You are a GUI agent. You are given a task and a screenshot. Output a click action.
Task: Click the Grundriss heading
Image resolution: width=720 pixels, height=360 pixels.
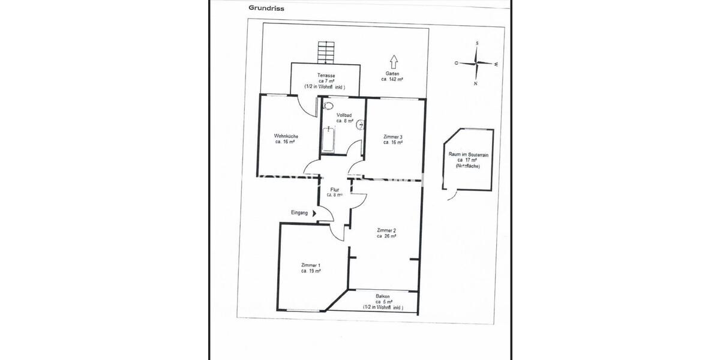(267, 8)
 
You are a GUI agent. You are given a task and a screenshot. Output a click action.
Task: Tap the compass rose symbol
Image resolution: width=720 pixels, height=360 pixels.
(476, 63)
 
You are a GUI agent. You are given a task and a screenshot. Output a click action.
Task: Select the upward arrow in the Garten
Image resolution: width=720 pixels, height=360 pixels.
(394, 62)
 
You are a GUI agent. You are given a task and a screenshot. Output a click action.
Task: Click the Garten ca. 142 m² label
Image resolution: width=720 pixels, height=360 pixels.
(392, 76)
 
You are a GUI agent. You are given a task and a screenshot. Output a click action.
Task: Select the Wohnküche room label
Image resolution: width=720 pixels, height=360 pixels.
(286, 139)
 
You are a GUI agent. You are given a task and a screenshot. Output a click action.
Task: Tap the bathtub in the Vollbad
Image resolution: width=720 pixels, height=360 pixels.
(328, 139)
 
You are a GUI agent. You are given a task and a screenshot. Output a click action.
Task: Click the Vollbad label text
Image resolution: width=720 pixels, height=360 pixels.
(344, 118)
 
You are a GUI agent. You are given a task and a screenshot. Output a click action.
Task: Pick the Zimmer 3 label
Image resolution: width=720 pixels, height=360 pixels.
(392, 140)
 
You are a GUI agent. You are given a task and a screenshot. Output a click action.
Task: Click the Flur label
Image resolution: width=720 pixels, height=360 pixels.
(335, 192)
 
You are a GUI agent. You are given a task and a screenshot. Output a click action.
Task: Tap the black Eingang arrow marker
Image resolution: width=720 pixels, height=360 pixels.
(314, 213)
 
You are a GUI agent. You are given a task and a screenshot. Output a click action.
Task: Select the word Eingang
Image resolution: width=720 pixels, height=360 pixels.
(299, 213)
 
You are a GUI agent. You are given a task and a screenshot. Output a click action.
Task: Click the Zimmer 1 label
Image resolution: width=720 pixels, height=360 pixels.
(311, 268)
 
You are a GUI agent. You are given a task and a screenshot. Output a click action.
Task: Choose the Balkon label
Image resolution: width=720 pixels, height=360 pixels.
(383, 301)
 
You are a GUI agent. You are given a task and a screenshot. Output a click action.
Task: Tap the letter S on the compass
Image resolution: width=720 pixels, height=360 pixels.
(476, 44)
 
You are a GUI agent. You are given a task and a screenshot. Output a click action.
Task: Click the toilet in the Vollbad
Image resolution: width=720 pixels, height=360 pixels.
(328, 106)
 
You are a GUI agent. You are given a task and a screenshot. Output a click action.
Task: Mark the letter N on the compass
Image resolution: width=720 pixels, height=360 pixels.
(475, 84)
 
